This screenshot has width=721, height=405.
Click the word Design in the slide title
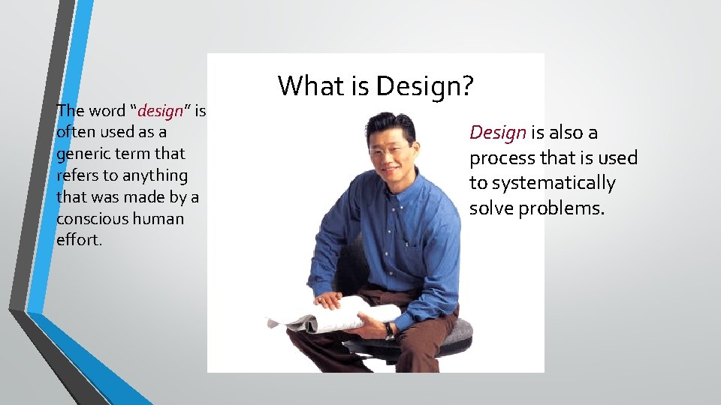[x=425, y=86]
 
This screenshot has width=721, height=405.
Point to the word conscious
[x=88, y=219]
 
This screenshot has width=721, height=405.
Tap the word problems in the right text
[x=564, y=208]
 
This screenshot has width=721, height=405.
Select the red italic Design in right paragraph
[x=497, y=133]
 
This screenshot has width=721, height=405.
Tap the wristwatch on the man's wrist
[x=389, y=331]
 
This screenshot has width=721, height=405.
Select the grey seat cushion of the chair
[x=458, y=334]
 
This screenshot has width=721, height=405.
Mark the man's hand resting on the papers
[x=329, y=300]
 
